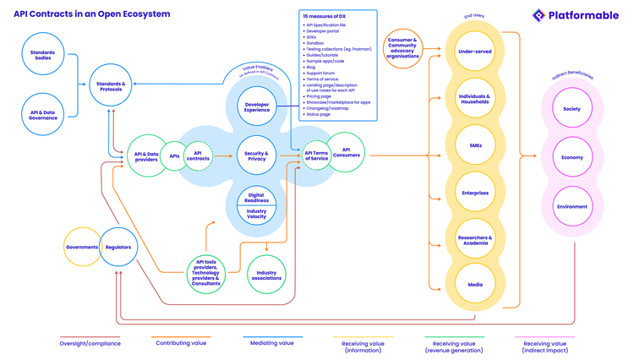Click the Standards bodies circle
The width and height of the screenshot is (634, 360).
click(43, 55)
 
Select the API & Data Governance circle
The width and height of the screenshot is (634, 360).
click(43, 114)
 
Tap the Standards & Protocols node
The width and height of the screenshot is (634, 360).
click(111, 85)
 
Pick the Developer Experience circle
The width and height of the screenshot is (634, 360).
click(256, 107)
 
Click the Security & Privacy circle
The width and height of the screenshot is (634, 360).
click(256, 156)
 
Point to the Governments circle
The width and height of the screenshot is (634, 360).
click(82, 247)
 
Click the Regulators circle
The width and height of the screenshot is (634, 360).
click(118, 247)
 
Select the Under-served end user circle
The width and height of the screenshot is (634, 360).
click(475, 52)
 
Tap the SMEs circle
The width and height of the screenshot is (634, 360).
click(475, 145)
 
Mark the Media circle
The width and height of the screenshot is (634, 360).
click(475, 285)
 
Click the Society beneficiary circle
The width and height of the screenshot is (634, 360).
click(572, 108)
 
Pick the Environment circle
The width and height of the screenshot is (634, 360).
click(572, 206)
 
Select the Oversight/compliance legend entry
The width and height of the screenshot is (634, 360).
click(89, 344)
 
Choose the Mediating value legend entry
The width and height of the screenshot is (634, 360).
click(272, 344)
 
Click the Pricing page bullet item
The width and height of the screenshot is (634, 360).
click(320, 96)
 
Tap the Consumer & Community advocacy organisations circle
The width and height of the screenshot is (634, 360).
click(402, 49)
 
